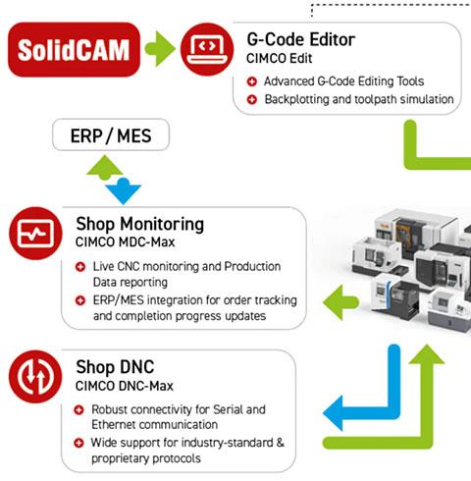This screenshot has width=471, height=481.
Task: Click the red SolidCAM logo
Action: [74, 49]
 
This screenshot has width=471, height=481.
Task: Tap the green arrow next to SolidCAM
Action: [160, 49]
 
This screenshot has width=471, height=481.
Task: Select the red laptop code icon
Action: [207, 49]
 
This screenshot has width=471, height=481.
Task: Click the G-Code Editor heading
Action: [301, 39]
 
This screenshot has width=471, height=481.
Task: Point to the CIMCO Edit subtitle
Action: [279, 59]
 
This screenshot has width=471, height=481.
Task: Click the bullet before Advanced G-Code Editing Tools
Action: [252, 81]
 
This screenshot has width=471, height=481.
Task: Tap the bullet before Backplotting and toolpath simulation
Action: [252, 99]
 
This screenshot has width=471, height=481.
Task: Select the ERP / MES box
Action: [111, 134]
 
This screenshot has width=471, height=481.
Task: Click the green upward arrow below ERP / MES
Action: [105, 168]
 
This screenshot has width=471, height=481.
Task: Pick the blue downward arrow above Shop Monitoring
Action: [124, 191]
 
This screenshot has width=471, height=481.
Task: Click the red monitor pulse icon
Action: [35, 234]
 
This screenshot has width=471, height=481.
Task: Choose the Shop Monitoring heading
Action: [140, 225]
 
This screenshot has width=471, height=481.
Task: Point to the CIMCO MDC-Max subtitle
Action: [125, 242]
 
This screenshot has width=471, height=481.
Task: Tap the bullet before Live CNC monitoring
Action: [80, 267]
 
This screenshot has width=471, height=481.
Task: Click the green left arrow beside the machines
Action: [340, 302]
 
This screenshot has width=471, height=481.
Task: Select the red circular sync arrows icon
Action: [35, 377]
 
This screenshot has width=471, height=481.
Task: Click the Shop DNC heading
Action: [115, 367]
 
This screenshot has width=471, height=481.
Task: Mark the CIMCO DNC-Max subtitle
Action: [124, 386]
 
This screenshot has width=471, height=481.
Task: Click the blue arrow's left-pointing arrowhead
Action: [333, 413]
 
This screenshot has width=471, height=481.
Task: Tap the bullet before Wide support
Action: [78, 443]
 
